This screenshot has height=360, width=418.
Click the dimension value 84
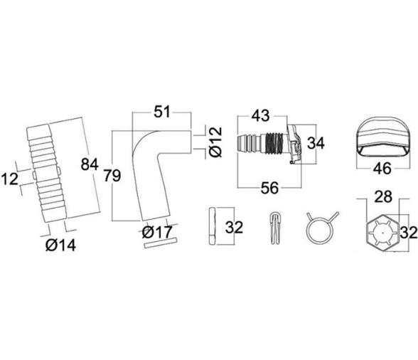[x=90, y=165]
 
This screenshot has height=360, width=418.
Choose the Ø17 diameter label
[x=156, y=231]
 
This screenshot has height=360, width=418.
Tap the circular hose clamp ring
[x=317, y=230]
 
